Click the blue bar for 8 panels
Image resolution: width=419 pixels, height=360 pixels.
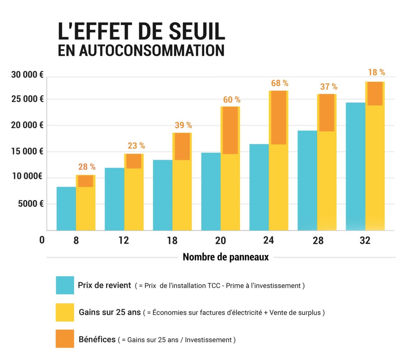point(66,208)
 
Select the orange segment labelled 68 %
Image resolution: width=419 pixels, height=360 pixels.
point(278,117)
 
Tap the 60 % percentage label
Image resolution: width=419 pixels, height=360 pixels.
point(231,100)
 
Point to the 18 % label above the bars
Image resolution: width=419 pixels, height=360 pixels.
point(376,72)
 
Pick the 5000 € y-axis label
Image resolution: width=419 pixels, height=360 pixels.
point(31,204)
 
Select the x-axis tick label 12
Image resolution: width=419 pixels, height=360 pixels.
point(124,241)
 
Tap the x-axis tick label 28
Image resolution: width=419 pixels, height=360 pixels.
point(318,241)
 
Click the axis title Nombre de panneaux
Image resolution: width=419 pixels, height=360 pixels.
point(226,257)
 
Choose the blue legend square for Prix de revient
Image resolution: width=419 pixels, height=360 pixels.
point(65,285)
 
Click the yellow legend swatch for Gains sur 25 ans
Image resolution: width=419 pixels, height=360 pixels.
point(65,312)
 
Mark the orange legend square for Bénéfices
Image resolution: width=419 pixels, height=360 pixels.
point(65,339)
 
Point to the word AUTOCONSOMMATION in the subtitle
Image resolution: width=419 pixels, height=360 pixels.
point(151,50)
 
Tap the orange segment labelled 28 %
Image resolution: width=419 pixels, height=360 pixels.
point(86,181)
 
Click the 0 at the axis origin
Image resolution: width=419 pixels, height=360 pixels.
point(42,240)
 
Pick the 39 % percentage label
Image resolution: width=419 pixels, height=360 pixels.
point(183,125)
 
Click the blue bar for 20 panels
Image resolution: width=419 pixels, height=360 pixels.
point(211,191)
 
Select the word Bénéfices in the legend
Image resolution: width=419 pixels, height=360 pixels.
point(97,339)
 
